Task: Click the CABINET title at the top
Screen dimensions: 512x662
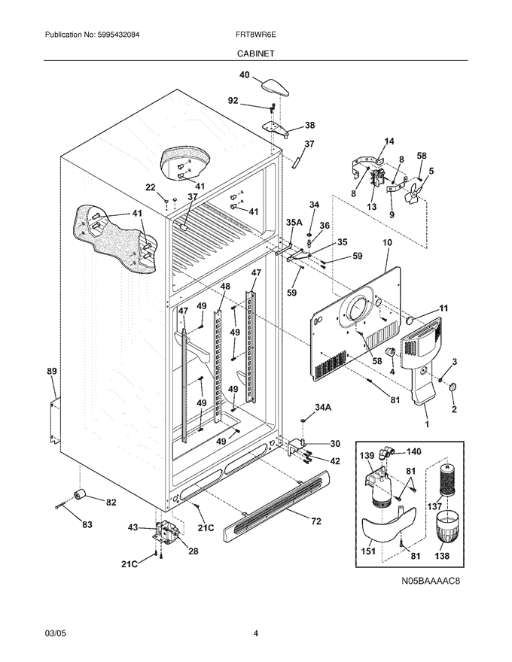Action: [255, 53]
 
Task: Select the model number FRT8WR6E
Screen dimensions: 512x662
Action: [256, 35]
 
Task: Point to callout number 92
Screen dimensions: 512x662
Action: [233, 101]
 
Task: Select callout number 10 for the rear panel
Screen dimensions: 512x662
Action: [387, 242]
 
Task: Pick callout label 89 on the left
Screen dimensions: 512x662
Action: [51, 371]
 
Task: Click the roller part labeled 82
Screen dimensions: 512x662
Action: [78, 493]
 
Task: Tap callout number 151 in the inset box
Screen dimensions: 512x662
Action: [368, 551]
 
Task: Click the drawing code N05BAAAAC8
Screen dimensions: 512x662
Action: [431, 582]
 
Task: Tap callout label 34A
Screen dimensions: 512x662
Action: [323, 407]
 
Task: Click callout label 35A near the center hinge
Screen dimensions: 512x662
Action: [294, 223]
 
